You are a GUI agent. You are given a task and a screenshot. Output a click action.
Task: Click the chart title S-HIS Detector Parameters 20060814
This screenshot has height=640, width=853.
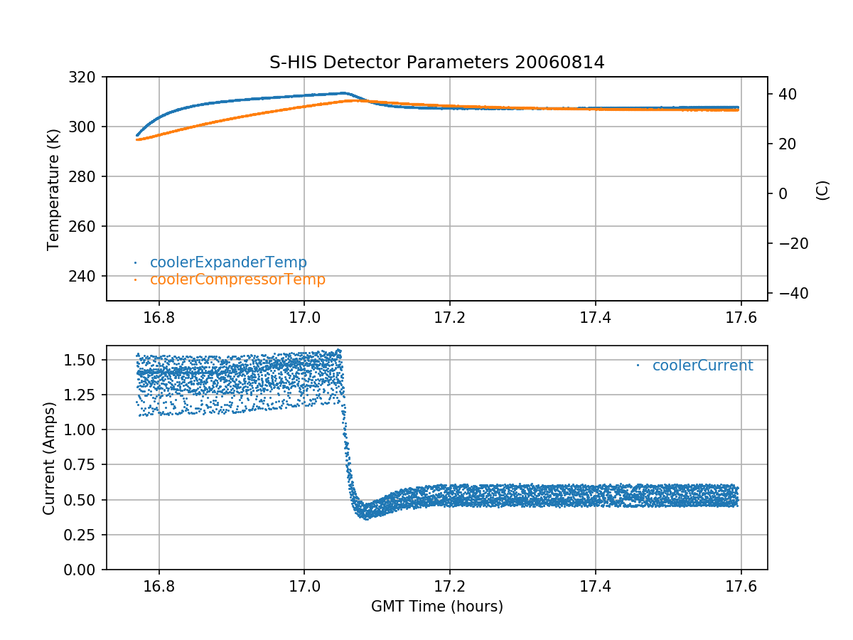click(436, 63)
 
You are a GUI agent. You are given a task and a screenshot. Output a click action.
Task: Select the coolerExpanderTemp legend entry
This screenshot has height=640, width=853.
click(228, 262)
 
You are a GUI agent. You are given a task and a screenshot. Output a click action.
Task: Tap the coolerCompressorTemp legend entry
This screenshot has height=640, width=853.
click(237, 279)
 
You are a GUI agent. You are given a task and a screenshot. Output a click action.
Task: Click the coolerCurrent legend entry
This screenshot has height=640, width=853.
click(702, 366)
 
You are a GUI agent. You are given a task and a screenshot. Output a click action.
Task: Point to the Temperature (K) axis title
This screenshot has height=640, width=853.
click(53, 188)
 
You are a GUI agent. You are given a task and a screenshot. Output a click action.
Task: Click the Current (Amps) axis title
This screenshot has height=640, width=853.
click(49, 457)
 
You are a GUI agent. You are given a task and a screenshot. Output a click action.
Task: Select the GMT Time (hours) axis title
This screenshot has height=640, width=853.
click(436, 607)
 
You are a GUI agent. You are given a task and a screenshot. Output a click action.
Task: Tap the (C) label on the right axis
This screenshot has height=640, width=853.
click(822, 190)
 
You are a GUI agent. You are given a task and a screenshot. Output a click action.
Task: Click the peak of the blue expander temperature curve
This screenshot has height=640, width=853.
click(343, 93)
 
